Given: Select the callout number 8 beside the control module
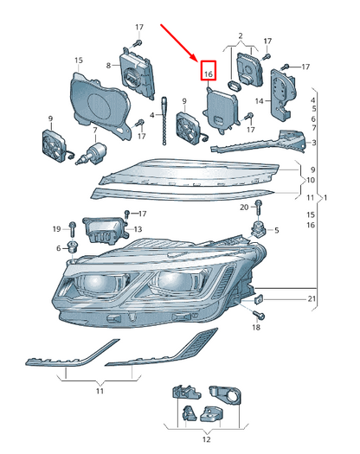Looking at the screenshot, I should (x=109, y=66).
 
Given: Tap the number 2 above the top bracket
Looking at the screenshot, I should (x=240, y=36).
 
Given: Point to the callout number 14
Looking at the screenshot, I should (x=259, y=101).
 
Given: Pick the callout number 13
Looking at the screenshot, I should (x=138, y=229).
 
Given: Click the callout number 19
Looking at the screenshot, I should (x=56, y=228).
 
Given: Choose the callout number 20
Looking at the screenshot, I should (x=244, y=208).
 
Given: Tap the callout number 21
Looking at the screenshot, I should (x=312, y=298).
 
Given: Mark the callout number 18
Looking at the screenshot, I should (x=256, y=329).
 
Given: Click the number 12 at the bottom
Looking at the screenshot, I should (x=205, y=439).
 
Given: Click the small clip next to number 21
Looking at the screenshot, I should (x=258, y=298).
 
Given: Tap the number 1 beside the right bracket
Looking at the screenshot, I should (x=325, y=198).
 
